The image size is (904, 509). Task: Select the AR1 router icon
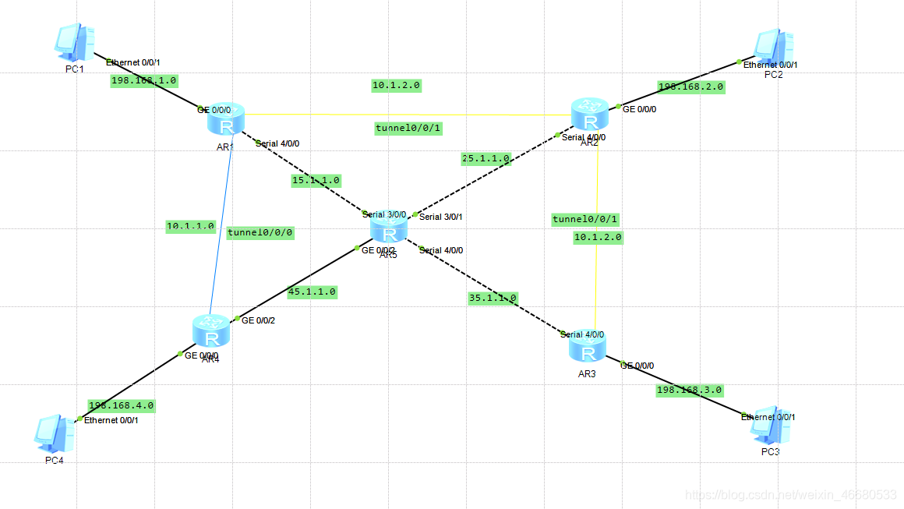[x=226, y=121]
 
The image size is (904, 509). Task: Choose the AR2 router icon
[x=589, y=115]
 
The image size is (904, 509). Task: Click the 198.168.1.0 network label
[x=144, y=80]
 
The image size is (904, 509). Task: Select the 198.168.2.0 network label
[x=690, y=87]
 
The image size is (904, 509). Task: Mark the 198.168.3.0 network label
[x=689, y=390]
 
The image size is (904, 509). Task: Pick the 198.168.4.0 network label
[x=121, y=405]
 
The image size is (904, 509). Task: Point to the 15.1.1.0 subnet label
[x=315, y=180]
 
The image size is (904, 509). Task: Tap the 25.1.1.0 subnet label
[x=486, y=158]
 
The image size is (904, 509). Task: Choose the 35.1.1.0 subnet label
[x=493, y=298]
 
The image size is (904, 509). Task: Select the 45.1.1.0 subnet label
[x=312, y=292]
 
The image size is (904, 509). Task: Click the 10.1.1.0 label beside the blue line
[x=190, y=226]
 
